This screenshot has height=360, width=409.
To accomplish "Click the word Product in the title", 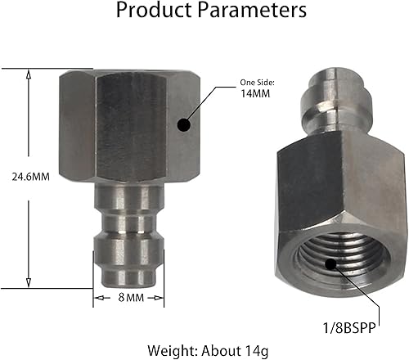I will pyautogui.click(x=153, y=11).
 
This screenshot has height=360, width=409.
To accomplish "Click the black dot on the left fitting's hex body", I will pyautogui.click(x=185, y=125).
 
